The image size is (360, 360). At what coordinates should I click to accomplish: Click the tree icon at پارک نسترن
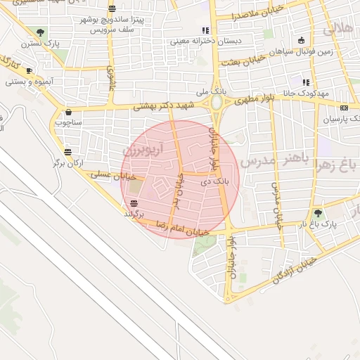40,32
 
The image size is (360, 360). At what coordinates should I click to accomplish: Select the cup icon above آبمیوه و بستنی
29,70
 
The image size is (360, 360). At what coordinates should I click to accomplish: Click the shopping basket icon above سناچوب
68,111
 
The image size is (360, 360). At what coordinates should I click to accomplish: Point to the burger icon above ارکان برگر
67,151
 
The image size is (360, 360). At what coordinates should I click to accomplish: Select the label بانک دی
215,181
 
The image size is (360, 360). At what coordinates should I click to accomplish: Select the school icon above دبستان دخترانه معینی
205,30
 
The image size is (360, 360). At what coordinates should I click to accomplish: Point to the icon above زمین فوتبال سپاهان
302,40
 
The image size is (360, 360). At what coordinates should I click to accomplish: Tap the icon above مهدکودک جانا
306,82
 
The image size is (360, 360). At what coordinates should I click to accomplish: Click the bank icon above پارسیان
343,108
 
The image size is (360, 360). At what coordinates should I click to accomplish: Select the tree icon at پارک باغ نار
319,212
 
